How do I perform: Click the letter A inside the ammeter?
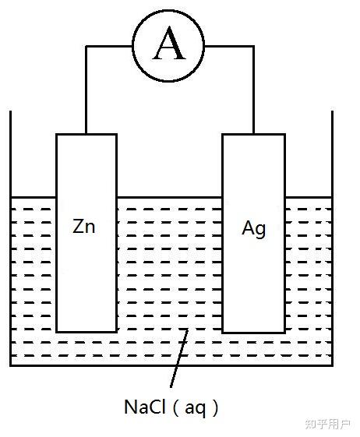[x=169, y=44]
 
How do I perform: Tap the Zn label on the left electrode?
[x=84, y=226]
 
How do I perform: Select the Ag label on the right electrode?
[x=253, y=229]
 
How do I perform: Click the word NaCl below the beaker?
[x=145, y=407]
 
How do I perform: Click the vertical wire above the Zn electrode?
[x=86, y=90]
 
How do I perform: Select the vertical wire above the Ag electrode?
[x=253, y=90]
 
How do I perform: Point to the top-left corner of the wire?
[x=86, y=46]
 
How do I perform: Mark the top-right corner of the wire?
[x=253, y=46]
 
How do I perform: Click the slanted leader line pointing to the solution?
[x=178, y=358]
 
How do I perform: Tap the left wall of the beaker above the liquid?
[x=11, y=153]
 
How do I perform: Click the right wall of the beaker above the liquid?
[x=332, y=153]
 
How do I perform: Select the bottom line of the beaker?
[x=171, y=365]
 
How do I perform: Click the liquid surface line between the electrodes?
[x=170, y=198]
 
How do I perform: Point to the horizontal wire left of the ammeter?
[x=109, y=46]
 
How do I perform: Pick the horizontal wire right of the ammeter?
[x=229, y=46]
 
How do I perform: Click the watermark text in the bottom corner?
[x=327, y=425]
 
